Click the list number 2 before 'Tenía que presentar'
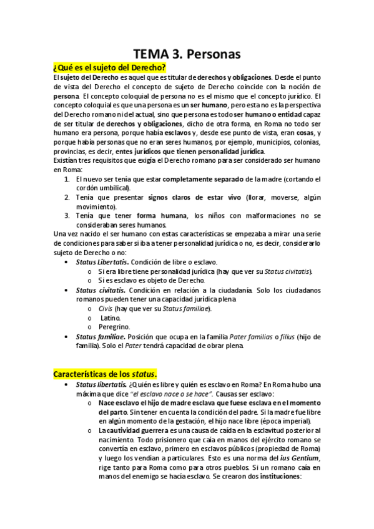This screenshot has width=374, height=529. (x=69, y=197)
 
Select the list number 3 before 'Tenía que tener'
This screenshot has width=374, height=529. (x=69, y=215)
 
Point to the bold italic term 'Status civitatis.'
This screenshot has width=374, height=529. (x=101, y=290)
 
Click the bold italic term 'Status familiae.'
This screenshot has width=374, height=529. (x=101, y=336)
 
